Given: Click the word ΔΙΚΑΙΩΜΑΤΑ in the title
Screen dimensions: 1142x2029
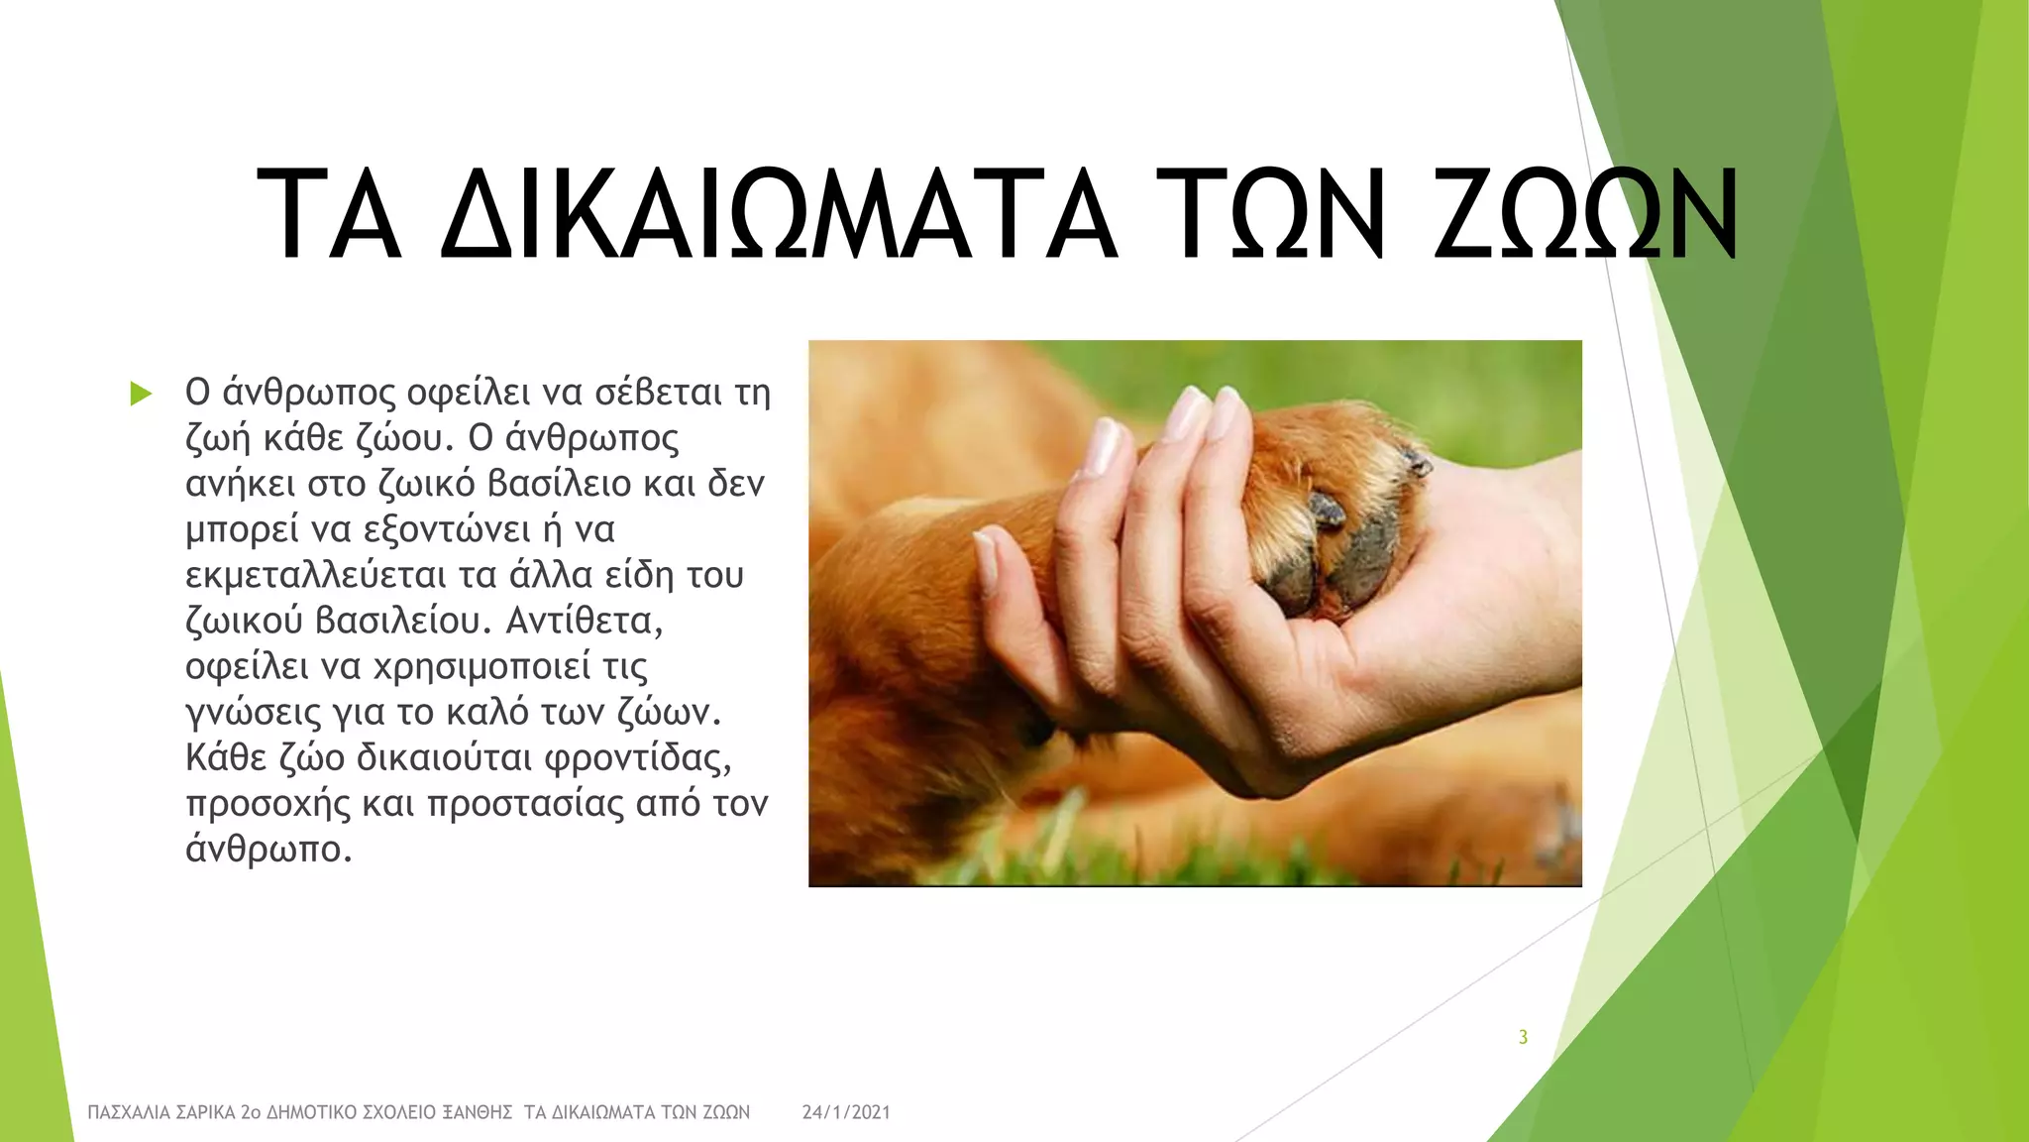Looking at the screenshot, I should point(779,216).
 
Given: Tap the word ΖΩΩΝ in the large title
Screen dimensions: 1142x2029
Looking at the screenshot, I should point(1585,216).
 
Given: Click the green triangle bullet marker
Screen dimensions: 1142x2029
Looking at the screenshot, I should point(141,395).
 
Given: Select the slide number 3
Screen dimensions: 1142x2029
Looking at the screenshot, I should point(1523,1037).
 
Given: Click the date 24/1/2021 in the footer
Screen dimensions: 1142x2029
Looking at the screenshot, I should point(846,1112).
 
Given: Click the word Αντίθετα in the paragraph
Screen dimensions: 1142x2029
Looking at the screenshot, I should point(584,622).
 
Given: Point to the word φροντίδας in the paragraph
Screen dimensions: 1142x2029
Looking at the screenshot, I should point(638,758).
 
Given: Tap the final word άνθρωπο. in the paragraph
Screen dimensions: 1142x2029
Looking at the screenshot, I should point(268,850).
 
